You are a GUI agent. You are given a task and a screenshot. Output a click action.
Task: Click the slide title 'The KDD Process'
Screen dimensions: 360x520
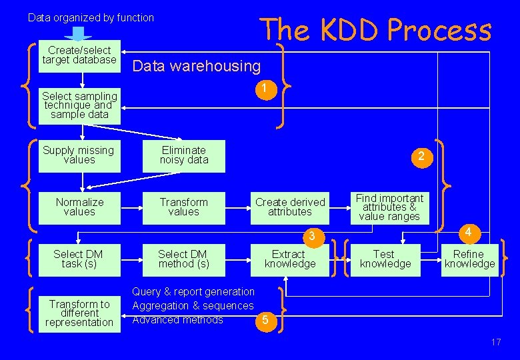(x=375, y=30)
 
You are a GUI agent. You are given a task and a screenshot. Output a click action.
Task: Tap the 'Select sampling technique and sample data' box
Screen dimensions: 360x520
(x=79, y=105)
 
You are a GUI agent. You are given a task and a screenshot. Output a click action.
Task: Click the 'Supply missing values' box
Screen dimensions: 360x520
(x=79, y=155)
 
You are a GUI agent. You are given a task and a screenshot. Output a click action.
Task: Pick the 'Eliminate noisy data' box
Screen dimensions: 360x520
(x=183, y=155)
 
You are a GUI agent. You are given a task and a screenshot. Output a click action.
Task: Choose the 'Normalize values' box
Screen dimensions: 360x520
(x=79, y=207)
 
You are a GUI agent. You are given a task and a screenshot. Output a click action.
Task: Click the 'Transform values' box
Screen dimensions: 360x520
(x=183, y=207)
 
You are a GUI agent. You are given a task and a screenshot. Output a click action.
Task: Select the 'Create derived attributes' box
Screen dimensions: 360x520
(x=290, y=207)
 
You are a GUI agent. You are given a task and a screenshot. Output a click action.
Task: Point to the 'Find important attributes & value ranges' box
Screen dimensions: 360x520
(x=389, y=207)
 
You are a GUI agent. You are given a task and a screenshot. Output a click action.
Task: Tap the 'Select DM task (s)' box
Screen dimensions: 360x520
(x=78, y=259)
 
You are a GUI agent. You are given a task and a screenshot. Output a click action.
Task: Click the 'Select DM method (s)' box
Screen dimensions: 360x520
(x=183, y=259)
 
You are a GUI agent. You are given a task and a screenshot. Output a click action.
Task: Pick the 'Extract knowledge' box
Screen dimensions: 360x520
(x=290, y=259)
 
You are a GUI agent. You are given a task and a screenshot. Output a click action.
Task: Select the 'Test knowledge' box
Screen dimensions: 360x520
(x=385, y=259)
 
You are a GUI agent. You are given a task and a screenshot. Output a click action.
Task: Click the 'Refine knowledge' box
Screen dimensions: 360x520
(x=469, y=259)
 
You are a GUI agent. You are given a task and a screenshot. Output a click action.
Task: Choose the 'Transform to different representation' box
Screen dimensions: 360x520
(x=79, y=313)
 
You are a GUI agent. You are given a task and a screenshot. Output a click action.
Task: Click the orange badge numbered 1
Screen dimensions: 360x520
(x=265, y=89)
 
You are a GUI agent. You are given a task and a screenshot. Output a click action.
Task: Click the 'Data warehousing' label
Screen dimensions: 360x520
(x=197, y=66)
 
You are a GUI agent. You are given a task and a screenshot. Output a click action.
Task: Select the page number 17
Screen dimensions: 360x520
(x=495, y=342)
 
